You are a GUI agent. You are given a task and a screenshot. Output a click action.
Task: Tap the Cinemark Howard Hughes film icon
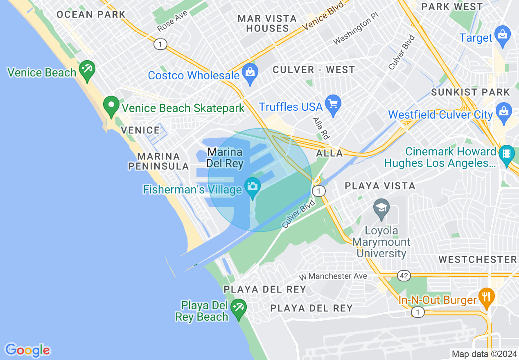[507, 154]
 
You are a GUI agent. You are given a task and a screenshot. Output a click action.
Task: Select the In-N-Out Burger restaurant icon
[486, 296]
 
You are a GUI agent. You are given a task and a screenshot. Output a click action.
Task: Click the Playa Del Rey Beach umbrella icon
[238, 308]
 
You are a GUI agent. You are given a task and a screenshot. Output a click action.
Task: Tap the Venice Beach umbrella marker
[87, 70]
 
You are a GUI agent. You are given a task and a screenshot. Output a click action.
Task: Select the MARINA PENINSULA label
[158, 161]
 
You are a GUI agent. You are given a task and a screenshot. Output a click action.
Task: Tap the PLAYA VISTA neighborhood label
[380, 186]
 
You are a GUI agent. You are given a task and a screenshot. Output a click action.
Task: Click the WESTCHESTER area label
[477, 259]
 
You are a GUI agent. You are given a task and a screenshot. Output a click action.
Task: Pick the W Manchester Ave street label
[332, 277]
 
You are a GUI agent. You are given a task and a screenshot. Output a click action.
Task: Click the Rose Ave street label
[172, 21]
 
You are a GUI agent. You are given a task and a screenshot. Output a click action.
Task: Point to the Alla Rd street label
[321, 128]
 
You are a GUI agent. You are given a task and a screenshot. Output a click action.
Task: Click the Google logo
[27, 350]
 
